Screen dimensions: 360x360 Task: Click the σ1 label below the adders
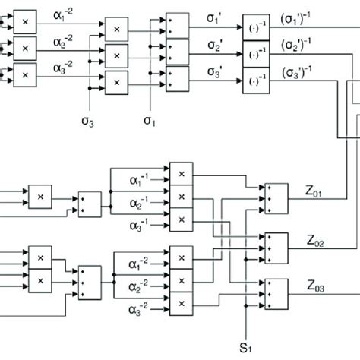coord(150,119)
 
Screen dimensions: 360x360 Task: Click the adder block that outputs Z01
coord(274,196)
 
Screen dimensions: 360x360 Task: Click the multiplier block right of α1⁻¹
coord(181,172)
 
